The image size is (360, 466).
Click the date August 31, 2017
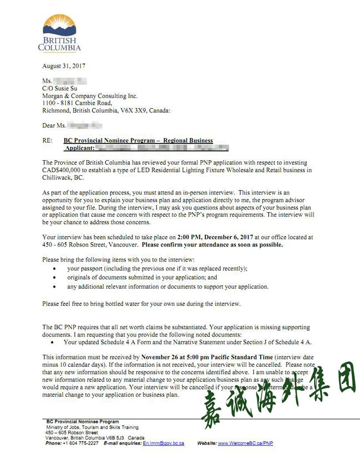[x=64, y=66]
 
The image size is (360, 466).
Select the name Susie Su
[x=71, y=89]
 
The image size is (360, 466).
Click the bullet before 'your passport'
[x=53, y=268]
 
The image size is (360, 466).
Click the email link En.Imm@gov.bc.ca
[x=163, y=443]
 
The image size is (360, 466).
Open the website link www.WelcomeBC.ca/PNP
[x=245, y=443]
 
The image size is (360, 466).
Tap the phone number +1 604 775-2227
[x=81, y=443]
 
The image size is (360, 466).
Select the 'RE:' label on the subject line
[x=48, y=141]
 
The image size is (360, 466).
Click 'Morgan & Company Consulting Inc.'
[x=90, y=96]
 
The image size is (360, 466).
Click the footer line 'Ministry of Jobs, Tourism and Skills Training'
[x=92, y=427]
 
